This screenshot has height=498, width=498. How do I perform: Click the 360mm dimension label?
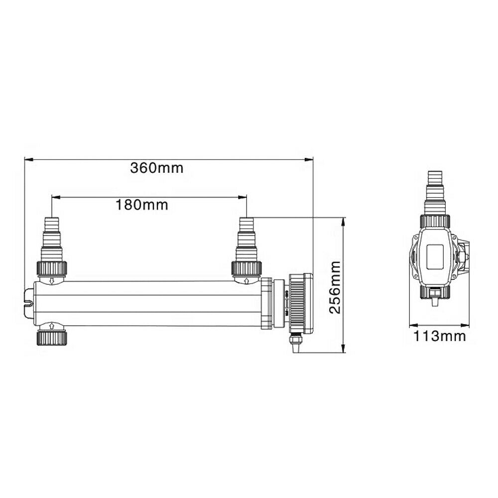pyautogui.click(x=156, y=168)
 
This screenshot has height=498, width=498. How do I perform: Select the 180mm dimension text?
pyautogui.click(x=141, y=205)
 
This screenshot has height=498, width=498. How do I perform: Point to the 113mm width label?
pyautogui.click(x=439, y=337)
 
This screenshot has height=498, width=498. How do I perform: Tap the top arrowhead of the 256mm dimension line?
pyautogui.click(x=344, y=221)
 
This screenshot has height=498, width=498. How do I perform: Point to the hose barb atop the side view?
pyautogui.click(x=436, y=191)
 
